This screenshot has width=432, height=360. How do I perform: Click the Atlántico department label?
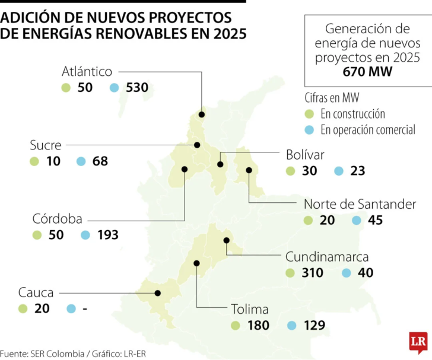point(87,72)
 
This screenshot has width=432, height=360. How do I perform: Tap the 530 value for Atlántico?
point(136,88)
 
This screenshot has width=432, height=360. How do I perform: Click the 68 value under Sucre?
point(100,161)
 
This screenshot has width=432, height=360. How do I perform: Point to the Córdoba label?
point(57,219)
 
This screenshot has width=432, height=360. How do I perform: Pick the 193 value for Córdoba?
point(107,235)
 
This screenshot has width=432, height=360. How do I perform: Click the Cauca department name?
point(36,292)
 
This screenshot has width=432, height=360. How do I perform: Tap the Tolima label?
point(249,309)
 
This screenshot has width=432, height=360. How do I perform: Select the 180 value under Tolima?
point(258,326)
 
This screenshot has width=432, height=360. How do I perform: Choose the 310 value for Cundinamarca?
point(312,273)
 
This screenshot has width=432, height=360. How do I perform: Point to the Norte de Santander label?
point(360,205)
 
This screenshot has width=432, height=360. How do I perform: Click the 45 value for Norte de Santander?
point(376,221)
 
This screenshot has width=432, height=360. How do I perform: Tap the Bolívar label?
point(304,155)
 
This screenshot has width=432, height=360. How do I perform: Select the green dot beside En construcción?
point(309,114)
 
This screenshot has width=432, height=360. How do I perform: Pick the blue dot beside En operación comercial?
point(309,130)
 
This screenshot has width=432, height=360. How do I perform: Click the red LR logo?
point(418,342)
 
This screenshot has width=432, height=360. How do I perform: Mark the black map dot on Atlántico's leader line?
point(202,114)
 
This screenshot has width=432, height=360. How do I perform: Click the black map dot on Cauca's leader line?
point(158,293)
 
